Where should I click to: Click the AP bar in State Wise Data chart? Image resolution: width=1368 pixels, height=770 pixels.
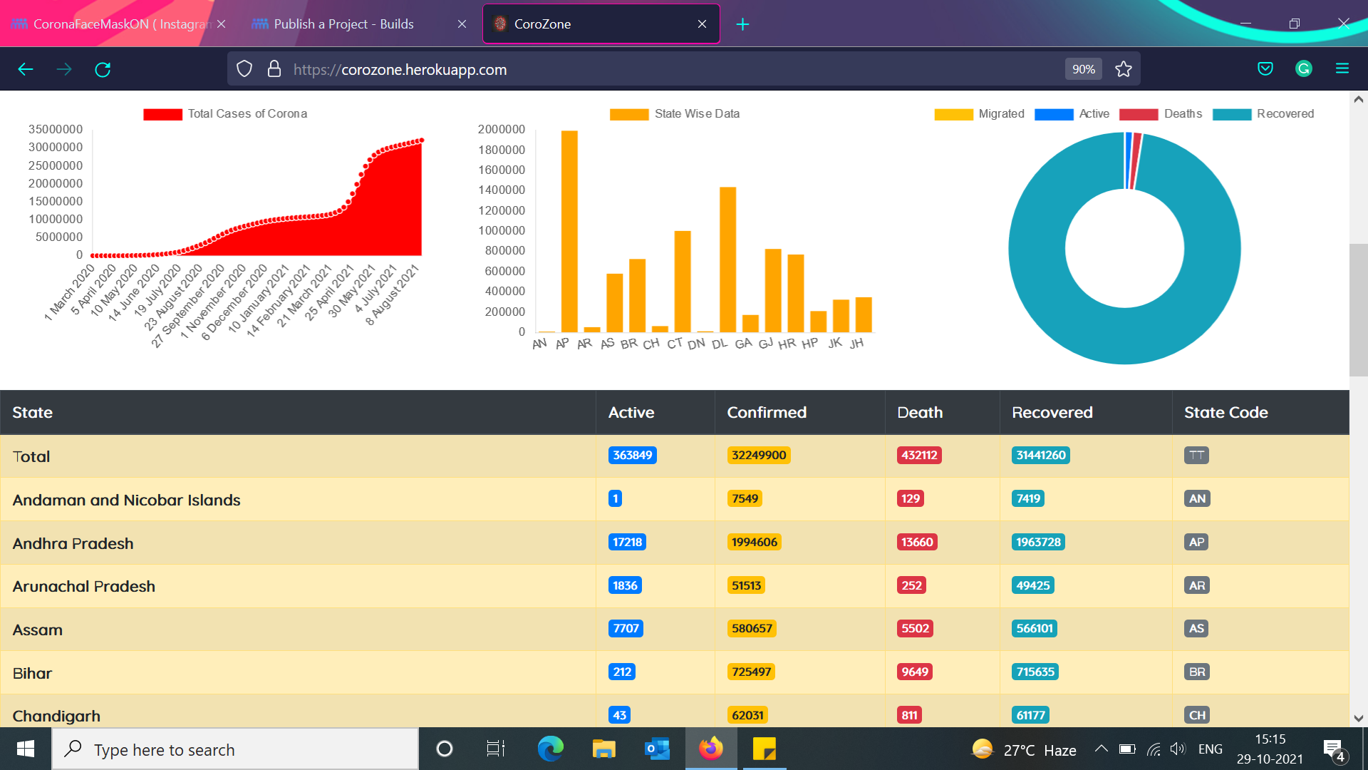pyautogui.click(x=569, y=231)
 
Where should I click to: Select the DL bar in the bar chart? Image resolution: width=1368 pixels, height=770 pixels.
pyautogui.click(x=727, y=260)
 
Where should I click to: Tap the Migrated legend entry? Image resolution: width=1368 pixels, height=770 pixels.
pyautogui.click(x=979, y=114)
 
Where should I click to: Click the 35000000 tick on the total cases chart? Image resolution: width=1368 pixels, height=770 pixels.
pyautogui.click(x=56, y=129)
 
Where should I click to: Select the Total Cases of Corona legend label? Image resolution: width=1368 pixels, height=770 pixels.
pyautogui.click(x=247, y=113)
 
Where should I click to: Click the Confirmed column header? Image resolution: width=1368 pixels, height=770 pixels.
pyautogui.click(x=767, y=412)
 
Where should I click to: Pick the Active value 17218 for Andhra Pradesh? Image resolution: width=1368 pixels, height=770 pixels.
pyautogui.click(x=627, y=542)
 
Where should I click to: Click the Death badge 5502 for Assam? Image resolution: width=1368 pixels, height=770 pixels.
pyautogui.click(x=915, y=628)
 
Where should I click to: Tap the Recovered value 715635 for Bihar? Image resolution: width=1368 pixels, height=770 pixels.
pyautogui.click(x=1035, y=672)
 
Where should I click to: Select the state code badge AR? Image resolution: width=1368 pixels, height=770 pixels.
pyautogui.click(x=1197, y=585)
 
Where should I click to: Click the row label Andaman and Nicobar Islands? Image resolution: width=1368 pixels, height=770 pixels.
pyautogui.click(x=126, y=500)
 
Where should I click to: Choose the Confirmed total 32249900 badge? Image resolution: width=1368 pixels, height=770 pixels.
pyautogui.click(x=759, y=455)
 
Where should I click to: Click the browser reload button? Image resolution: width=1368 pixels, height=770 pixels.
pyautogui.click(x=103, y=69)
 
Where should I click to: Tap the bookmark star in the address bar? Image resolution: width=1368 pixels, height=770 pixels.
pyautogui.click(x=1124, y=69)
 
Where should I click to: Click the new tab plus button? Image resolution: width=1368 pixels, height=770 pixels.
pyautogui.click(x=742, y=24)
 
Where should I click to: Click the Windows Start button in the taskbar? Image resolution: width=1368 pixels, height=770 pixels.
pyautogui.click(x=26, y=749)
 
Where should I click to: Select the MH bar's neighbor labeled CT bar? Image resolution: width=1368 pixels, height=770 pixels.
pyautogui.click(x=683, y=282)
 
